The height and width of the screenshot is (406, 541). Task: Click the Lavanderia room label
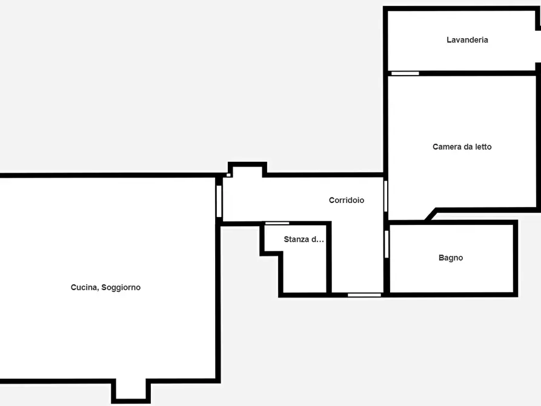point(467,40)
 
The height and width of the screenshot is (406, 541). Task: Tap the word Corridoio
point(347,200)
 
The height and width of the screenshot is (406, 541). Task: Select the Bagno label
point(451,258)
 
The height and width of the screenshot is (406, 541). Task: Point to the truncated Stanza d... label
point(304,239)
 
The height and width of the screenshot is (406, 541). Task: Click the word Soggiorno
point(121,288)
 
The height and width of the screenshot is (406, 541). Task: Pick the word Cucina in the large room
point(85,288)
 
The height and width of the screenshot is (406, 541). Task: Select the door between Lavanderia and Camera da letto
point(405,73)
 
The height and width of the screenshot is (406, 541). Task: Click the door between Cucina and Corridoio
point(219,201)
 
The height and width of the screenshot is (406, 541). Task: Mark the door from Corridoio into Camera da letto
point(386,196)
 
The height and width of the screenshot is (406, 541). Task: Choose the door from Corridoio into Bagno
point(387,244)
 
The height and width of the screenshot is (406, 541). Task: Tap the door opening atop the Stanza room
point(277,224)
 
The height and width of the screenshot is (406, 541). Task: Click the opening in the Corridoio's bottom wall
point(364,295)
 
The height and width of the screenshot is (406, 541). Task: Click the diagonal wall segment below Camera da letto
point(431,214)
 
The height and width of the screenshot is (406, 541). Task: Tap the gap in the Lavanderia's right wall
point(538,46)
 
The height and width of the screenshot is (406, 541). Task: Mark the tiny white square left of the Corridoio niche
point(228,175)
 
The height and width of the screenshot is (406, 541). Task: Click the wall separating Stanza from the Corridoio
point(329,258)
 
